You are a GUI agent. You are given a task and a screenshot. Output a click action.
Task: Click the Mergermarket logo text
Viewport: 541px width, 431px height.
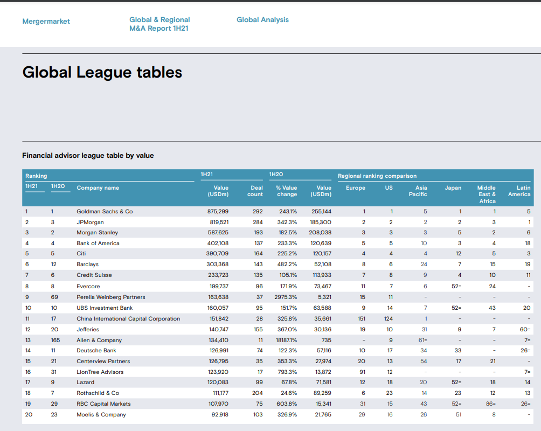point(46,22)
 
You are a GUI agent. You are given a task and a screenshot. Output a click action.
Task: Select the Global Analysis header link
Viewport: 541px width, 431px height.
point(262,20)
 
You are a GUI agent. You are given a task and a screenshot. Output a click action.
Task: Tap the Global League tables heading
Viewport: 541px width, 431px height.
point(102,73)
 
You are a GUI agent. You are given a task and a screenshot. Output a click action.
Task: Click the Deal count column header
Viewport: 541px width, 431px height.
point(255,191)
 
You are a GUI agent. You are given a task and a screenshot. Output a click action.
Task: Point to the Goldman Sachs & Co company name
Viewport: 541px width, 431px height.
point(105,211)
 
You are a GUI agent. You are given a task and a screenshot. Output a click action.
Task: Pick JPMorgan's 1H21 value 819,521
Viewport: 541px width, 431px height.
point(218,222)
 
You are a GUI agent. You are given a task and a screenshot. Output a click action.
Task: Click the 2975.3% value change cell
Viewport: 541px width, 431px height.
point(285,297)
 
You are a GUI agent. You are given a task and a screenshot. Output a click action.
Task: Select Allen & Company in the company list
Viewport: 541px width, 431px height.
point(99,340)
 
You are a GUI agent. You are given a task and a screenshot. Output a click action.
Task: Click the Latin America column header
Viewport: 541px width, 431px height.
point(519,191)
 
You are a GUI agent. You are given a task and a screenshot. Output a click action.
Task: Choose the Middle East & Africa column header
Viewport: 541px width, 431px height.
point(487,194)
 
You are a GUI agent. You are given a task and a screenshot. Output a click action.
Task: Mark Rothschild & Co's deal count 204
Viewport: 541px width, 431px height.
point(257,393)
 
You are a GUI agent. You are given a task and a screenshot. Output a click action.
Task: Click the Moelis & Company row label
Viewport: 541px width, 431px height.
point(101,414)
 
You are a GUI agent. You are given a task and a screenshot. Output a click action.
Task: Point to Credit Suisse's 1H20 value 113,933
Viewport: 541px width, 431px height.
point(322,275)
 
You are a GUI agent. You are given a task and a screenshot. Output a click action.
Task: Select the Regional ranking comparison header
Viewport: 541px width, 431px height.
point(377,176)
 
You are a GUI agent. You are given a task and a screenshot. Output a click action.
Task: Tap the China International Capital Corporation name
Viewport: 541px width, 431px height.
point(128,318)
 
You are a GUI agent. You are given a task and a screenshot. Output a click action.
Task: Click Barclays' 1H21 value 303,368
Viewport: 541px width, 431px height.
point(218,265)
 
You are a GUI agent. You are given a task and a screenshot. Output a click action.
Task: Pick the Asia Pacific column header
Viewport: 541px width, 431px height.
point(418,191)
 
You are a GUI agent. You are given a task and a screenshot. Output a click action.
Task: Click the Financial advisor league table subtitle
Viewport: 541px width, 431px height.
point(88,156)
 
